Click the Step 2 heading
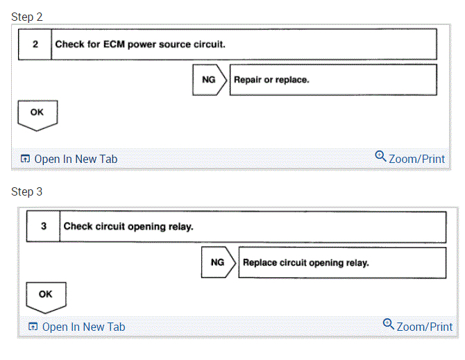point(27,17)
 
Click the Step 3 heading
point(27,191)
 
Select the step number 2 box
point(35,44)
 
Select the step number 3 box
point(43,227)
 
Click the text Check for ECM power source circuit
point(140,44)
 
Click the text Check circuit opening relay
point(128,227)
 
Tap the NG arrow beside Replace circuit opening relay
point(217,263)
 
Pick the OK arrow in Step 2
point(37,114)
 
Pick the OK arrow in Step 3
point(46,296)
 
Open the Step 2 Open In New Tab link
point(76,159)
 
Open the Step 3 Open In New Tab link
point(84,327)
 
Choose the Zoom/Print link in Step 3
point(424,327)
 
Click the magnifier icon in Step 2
point(380,157)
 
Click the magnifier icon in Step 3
point(389,325)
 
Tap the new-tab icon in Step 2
point(25,160)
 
